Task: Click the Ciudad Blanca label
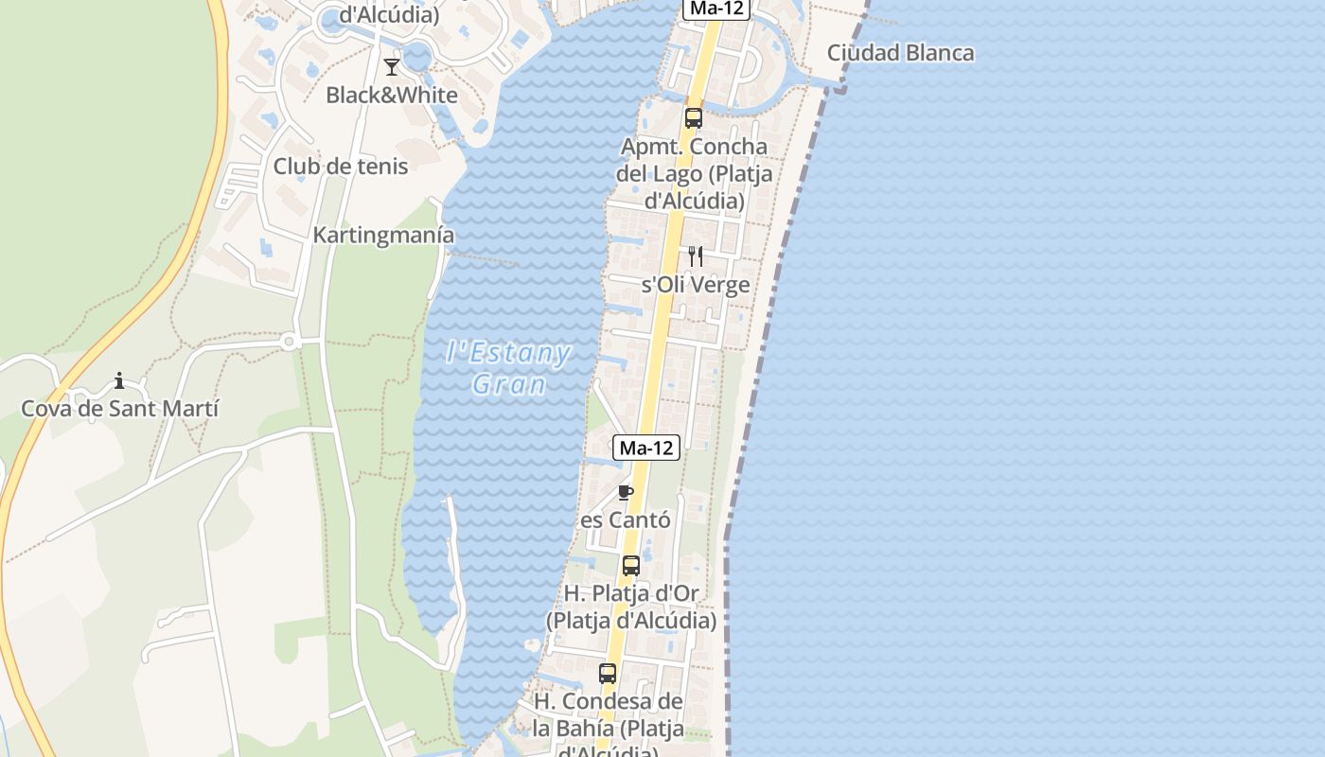pos(900,52)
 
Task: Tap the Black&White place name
pos(391,95)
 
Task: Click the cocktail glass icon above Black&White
pos(391,66)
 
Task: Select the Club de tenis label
pos(341,167)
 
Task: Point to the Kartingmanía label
pos(383,235)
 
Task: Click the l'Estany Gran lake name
pos(508,369)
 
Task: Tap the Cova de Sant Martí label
pos(119,409)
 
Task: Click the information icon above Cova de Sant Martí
pos(119,380)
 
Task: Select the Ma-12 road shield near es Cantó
pos(647,448)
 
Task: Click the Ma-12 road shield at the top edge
pos(716,9)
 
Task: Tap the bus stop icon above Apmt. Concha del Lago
pos(694,118)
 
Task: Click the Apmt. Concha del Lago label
pos(694,174)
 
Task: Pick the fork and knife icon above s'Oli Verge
pos(695,255)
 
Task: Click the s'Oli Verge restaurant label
pos(696,285)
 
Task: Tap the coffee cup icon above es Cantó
pos(625,492)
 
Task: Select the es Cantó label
pos(625,519)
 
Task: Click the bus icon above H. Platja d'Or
pos(630,566)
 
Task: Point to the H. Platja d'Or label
pos(631,607)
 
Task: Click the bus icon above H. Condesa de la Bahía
pos(608,674)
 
